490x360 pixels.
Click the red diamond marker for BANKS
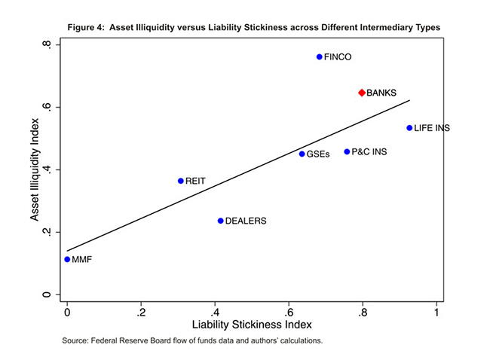click(x=362, y=93)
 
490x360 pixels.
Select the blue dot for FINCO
click(x=320, y=56)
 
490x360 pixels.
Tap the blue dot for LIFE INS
click(x=409, y=128)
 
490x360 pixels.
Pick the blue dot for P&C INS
click(x=347, y=151)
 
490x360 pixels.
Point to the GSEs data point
click(x=302, y=154)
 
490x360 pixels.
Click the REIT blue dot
click(x=181, y=181)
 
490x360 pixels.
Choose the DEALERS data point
click(x=220, y=221)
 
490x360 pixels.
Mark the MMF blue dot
click(x=67, y=259)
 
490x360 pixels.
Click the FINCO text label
click(x=338, y=57)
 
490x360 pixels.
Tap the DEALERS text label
click(x=246, y=221)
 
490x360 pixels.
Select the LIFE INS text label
click(x=432, y=129)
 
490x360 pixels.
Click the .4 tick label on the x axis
click(x=215, y=311)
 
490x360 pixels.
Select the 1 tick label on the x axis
click(x=436, y=311)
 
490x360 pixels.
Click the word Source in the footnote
click(x=77, y=341)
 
